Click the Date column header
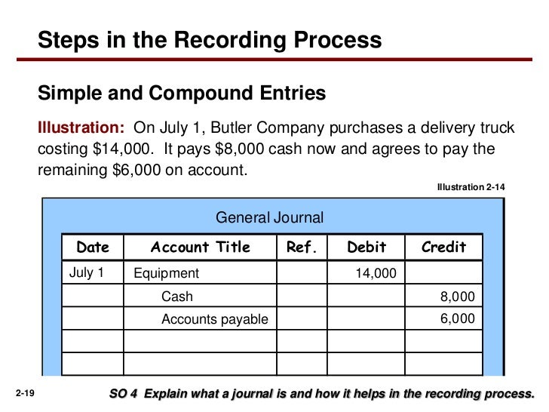[x=93, y=248]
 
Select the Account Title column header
[x=201, y=248]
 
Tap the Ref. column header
[x=302, y=248]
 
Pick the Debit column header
[x=367, y=248]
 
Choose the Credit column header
[x=443, y=248]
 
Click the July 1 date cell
[x=87, y=272]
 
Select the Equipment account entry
[x=166, y=273]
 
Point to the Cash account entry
[x=177, y=297]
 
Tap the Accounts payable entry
[x=215, y=319]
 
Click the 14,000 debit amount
[x=376, y=273]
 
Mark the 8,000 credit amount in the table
[x=458, y=297]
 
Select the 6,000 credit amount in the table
[x=458, y=319]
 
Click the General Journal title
[x=270, y=218]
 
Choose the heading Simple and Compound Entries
[x=182, y=93]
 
